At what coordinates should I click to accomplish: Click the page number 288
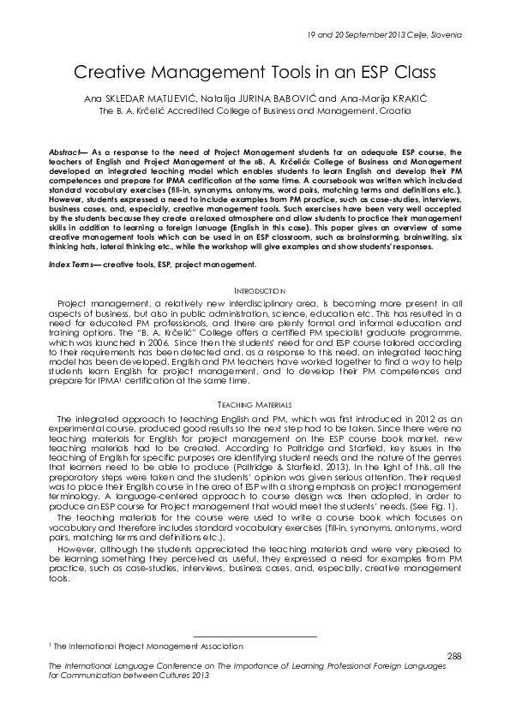[x=455, y=655]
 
